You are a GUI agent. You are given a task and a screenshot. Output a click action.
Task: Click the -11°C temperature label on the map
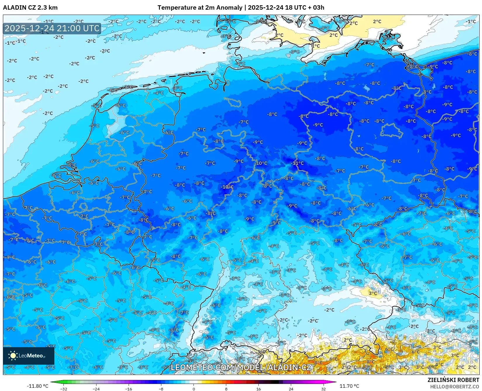(x=298, y=163)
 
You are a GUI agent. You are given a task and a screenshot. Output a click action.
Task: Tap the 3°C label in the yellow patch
(x=373, y=293)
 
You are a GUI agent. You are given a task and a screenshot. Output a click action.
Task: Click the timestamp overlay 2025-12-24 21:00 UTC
(x=52, y=28)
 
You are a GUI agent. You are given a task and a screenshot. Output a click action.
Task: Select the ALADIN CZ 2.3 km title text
(x=30, y=8)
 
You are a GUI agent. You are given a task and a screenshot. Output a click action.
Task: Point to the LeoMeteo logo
(x=28, y=356)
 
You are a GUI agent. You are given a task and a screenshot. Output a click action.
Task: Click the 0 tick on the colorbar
(x=194, y=389)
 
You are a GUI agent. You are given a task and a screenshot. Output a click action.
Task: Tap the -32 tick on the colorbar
(x=64, y=389)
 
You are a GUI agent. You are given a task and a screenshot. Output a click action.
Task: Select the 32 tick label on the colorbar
(x=323, y=389)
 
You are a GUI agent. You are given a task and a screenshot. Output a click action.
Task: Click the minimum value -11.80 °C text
(x=37, y=386)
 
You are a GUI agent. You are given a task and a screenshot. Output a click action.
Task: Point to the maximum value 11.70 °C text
(x=349, y=386)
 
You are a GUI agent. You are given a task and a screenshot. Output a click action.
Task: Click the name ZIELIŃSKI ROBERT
(x=453, y=380)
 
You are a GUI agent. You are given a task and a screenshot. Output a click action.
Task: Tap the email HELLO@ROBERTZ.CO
(x=455, y=387)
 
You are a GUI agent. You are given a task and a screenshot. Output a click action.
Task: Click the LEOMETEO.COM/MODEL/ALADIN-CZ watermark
(x=241, y=367)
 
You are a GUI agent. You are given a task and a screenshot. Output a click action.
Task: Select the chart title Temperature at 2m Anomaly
(x=200, y=8)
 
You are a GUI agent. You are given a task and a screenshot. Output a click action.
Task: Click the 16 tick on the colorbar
(x=258, y=389)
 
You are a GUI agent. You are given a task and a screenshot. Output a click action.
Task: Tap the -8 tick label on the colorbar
(x=161, y=389)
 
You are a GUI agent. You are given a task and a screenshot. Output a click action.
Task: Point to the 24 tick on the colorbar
(x=291, y=389)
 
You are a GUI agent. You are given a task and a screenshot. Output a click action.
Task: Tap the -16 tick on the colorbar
(x=129, y=389)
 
